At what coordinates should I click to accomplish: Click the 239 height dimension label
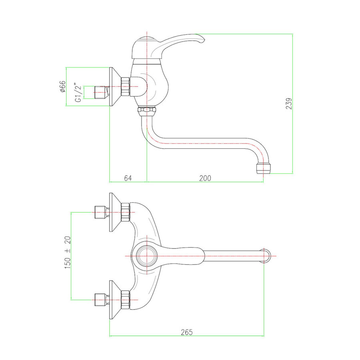289,103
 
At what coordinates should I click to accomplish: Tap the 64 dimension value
128,178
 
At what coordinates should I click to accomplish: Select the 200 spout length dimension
205,178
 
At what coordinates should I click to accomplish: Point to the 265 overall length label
187,332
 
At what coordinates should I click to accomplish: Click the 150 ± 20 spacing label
68,252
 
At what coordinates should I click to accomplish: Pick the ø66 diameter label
63,86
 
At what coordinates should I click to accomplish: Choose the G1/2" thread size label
78,92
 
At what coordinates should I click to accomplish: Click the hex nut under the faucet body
147,111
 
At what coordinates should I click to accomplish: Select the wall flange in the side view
115,86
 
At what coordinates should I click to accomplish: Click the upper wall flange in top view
115,212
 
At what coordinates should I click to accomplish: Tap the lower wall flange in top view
115,300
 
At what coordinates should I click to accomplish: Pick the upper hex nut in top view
125,212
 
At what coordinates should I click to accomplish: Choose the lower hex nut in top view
125,300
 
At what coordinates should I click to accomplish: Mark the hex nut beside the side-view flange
125,86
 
